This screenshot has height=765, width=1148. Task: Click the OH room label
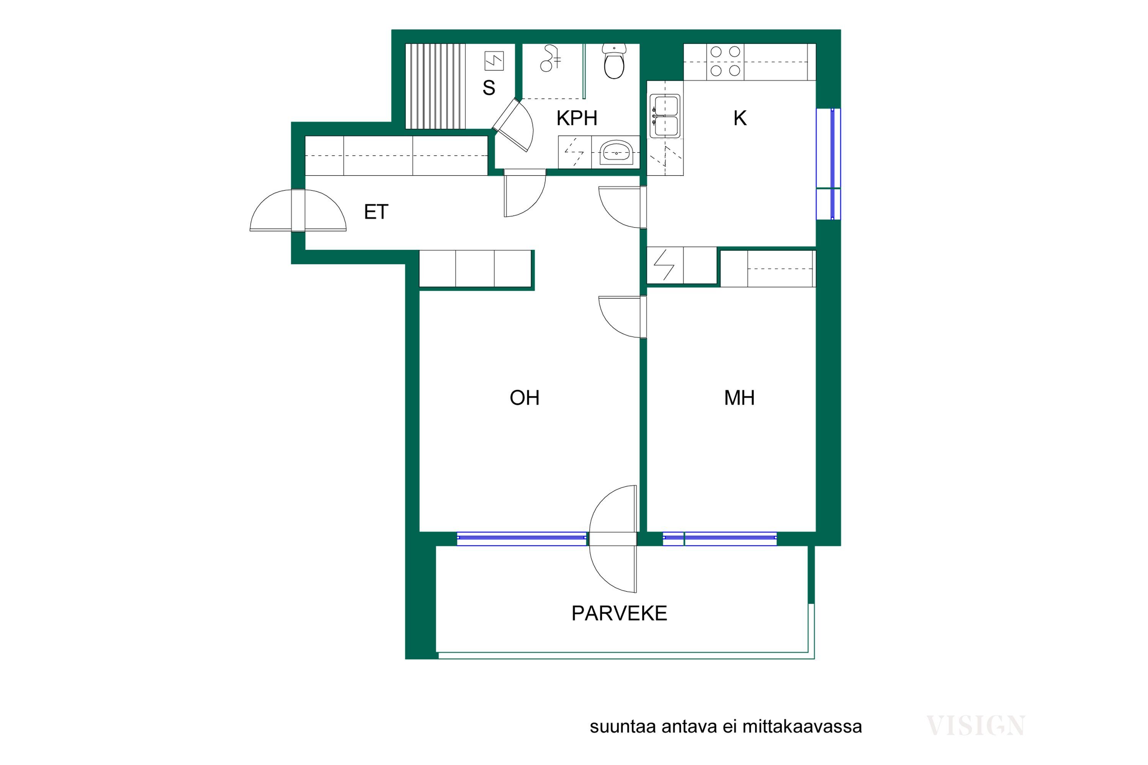(524, 398)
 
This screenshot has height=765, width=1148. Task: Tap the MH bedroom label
(739, 398)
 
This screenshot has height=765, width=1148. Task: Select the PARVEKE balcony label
(619, 613)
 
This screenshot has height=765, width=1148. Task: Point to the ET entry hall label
(376, 212)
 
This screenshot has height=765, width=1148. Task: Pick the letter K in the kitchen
(740, 118)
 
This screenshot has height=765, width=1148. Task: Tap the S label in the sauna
(489, 88)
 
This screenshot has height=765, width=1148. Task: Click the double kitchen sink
(665, 116)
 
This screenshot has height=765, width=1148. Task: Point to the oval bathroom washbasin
(616, 152)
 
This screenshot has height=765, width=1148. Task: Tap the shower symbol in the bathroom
(551, 59)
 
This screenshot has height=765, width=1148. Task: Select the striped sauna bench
(435, 86)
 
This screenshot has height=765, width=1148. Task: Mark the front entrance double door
(298, 211)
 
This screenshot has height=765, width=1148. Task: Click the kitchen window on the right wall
(828, 164)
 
